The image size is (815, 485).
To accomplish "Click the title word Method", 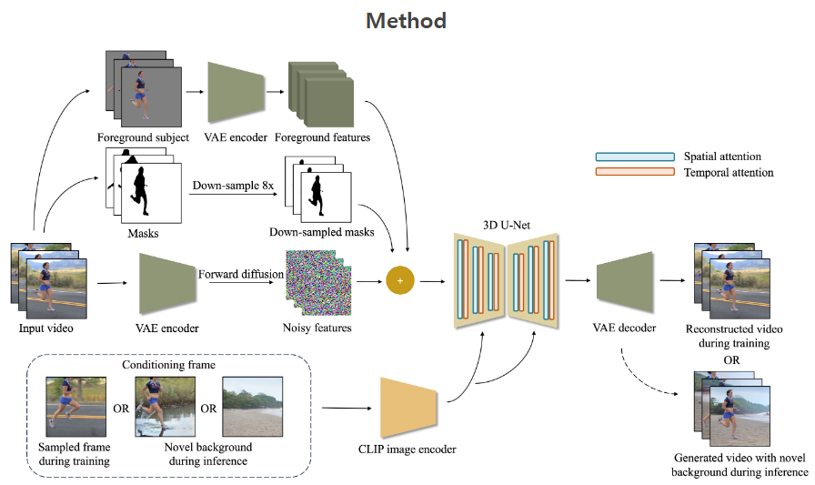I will click(x=407, y=20).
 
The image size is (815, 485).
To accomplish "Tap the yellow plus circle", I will click(x=399, y=280).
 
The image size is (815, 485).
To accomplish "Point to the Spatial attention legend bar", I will click(x=635, y=157).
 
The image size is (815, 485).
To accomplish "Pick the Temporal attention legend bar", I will click(x=635, y=172).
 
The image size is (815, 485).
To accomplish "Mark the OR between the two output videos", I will click(x=730, y=359).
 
